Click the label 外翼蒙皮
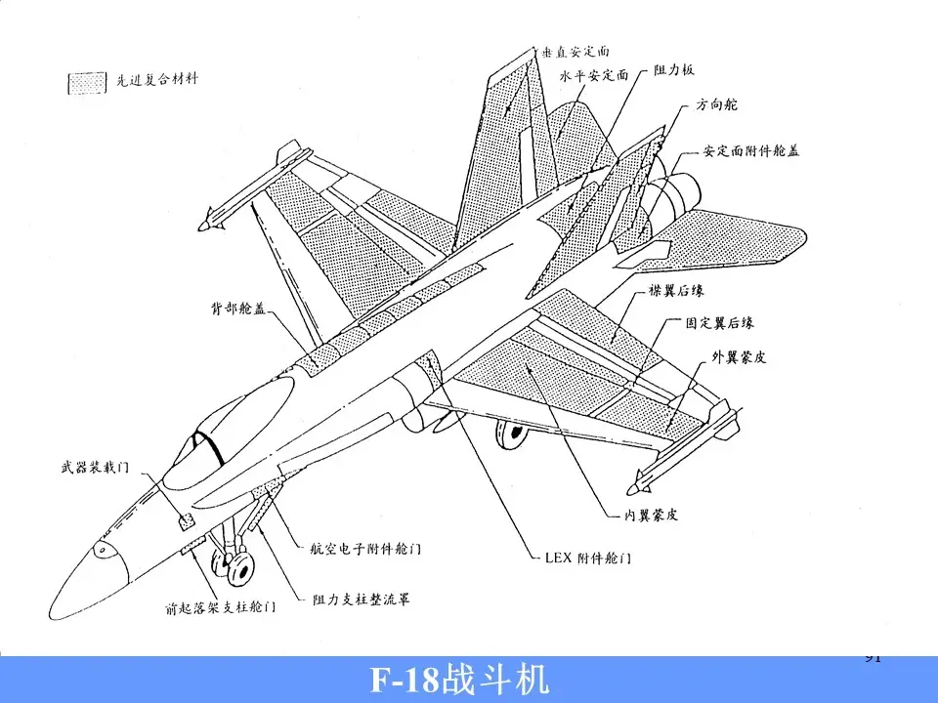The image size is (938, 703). (738, 358)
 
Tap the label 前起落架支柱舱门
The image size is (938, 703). (219, 607)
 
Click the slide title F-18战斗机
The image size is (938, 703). (458, 680)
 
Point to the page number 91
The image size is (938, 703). (874, 657)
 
